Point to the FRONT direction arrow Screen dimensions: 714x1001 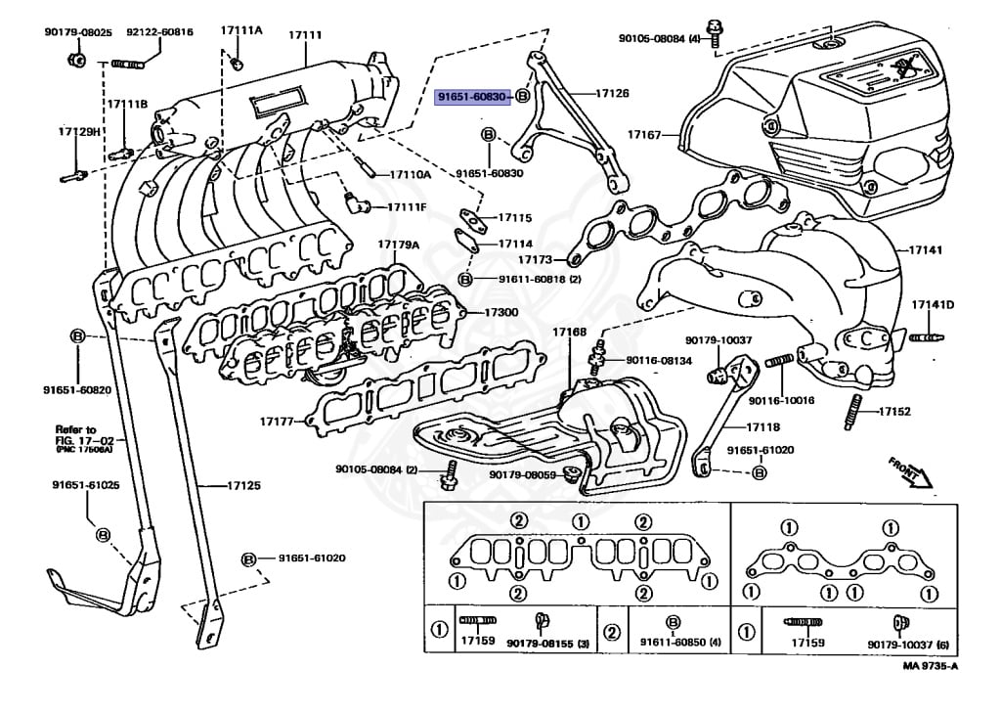[x=910, y=471]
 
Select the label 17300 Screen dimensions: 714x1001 [x=500, y=313]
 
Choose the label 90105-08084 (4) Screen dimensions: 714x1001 [x=660, y=39]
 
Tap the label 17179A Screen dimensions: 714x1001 [x=399, y=245]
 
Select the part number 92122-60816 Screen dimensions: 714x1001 [x=159, y=32]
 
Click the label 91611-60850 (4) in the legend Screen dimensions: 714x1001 [x=680, y=642]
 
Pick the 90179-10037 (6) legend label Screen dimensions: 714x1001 [x=908, y=643]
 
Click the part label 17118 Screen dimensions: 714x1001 [x=763, y=427]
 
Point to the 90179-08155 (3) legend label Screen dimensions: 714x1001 [x=552, y=643]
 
